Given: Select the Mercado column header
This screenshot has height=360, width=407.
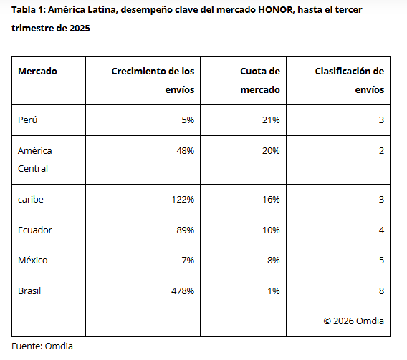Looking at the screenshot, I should tap(37, 71).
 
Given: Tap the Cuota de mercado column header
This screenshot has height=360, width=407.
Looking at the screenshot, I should tap(260, 80).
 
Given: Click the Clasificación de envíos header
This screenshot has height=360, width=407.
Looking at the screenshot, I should tap(350, 80).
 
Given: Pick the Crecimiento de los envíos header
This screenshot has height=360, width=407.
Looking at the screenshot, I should tap(153, 80).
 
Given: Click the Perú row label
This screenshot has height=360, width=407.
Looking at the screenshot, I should tap(28, 120).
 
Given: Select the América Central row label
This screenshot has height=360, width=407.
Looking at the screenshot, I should tap(35, 160).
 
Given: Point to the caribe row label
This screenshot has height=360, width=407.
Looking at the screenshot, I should tap(31, 200).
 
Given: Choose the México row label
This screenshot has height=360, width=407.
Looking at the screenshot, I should tap(33, 260).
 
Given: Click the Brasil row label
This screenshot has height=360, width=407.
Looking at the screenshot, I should tap(30, 291).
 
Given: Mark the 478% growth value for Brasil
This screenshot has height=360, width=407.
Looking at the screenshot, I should tap(182, 291).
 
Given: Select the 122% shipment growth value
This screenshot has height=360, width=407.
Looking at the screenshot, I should tap(182, 200).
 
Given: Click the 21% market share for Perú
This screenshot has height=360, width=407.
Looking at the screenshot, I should tap(271, 120).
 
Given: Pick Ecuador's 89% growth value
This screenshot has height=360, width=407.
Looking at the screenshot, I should tap(185, 230).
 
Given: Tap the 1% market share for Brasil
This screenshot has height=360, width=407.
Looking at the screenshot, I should tap(273, 291).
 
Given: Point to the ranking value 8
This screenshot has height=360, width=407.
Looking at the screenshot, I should tap(381, 291).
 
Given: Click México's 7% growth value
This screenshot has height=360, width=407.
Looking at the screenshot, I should tap(188, 260).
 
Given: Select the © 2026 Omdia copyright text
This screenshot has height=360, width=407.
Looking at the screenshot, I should tap(353, 321).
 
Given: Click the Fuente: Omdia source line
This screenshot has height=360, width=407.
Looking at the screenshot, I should tap(42, 346).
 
